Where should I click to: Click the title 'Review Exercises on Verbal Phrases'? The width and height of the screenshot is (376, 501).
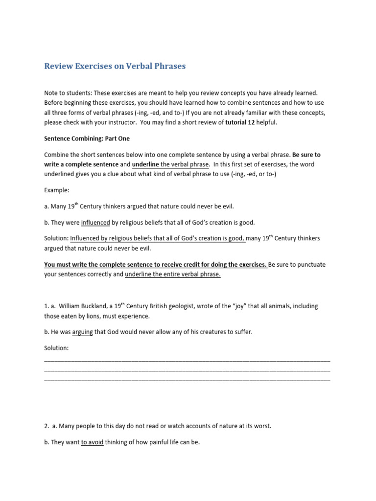(x=115, y=66)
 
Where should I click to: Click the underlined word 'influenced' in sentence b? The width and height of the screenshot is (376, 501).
(x=95, y=222)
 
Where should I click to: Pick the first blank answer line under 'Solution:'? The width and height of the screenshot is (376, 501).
(x=187, y=360)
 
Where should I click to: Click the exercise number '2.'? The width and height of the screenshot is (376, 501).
(x=47, y=426)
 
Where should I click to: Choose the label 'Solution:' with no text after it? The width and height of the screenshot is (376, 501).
(x=57, y=348)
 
